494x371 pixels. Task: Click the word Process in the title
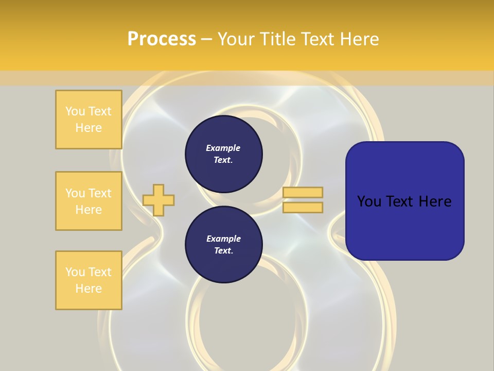(x=162, y=39)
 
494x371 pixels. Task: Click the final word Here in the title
(x=359, y=39)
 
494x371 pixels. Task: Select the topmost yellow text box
(x=89, y=120)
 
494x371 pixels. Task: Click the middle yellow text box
(x=89, y=201)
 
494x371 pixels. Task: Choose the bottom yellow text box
(x=89, y=280)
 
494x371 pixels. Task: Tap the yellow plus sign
(x=158, y=200)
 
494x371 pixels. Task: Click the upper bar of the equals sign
(x=303, y=192)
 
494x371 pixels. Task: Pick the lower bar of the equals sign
(x=303, y=208)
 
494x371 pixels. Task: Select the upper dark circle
(x=223, y=154)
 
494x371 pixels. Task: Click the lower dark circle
(x=223, y=245)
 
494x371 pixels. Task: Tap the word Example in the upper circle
(x=223, y=148)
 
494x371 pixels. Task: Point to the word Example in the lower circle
(x=223, y=239)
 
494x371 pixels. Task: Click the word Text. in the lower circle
(x=223, y=251)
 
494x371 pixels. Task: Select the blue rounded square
(x=404, y=201)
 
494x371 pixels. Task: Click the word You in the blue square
(x=368, y=201)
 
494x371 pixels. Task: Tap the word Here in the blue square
(x=434, y=201)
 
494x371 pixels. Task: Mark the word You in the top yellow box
(x=75, y=111)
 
